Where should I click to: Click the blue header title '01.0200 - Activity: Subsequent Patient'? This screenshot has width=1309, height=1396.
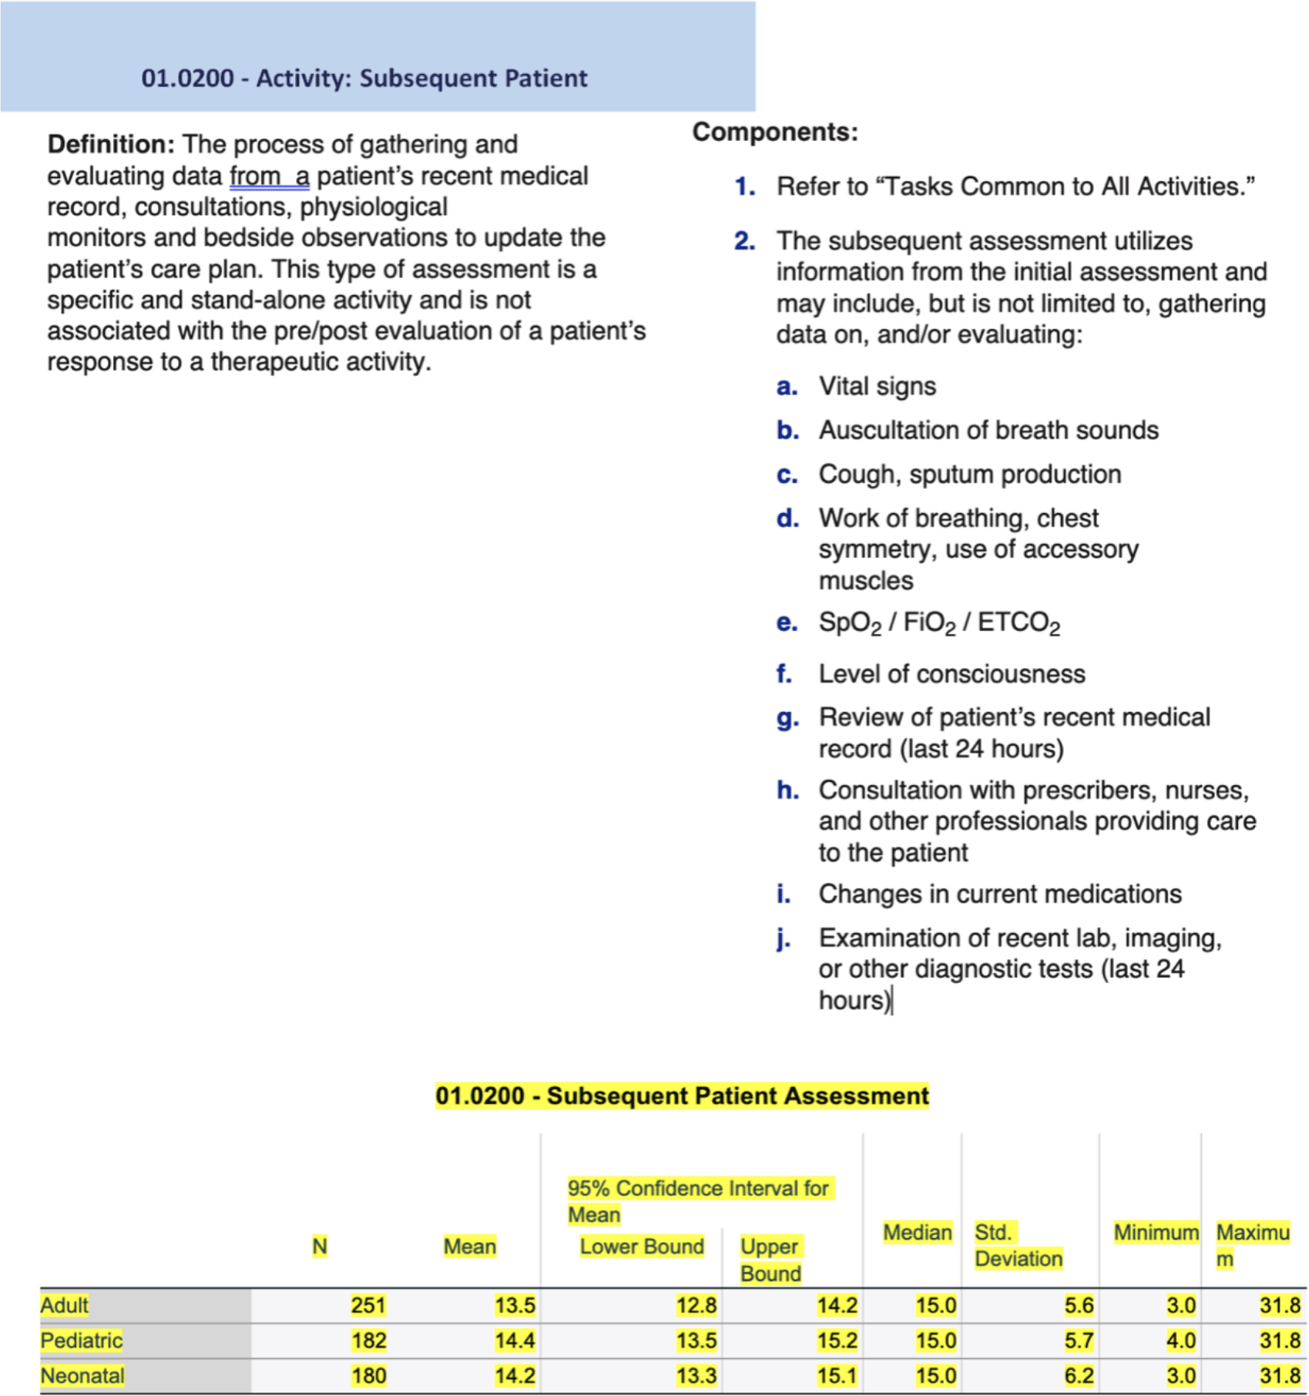(364, 78)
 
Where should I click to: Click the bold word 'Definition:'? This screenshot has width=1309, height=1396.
(111, 144)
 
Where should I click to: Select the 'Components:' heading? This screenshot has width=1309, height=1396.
(774, 132)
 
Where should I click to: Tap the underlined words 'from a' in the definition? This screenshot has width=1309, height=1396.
(269, 176)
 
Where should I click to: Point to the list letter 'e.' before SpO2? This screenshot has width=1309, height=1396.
(786, 622)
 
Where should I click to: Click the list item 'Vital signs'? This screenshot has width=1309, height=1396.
(877, 386)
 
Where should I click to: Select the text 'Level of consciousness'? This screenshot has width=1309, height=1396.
(952, 674)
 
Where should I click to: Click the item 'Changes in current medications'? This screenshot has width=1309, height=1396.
(999, 894)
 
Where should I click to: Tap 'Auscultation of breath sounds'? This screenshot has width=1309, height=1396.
(988, 430)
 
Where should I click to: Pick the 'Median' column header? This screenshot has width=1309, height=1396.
(917, 1233)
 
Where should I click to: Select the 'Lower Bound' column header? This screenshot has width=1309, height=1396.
(641, 1247)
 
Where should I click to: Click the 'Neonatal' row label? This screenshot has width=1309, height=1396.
(82, 1376)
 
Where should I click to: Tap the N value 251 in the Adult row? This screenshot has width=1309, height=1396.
(368, 1305)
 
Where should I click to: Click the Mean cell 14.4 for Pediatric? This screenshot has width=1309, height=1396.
(514, 1341)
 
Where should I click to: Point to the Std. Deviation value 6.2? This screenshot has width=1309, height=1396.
(1079, 1376)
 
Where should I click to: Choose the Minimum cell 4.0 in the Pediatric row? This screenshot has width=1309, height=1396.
(1180, 1341)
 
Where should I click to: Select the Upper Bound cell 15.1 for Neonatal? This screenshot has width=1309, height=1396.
(837, 1376)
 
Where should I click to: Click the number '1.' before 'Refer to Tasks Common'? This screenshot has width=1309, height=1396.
(744, 186)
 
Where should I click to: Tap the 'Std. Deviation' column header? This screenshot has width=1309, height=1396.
(1017, 1246)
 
